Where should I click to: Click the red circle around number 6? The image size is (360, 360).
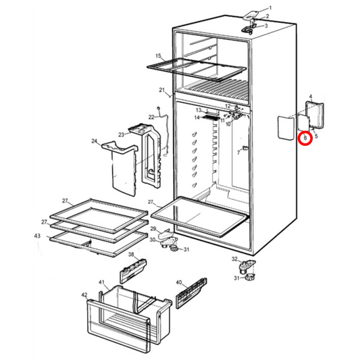coord(305,138)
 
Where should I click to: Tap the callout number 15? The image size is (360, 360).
coord(159,56)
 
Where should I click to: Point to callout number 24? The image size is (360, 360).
coord(95,141)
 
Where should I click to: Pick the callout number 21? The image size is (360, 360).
coord(162,90)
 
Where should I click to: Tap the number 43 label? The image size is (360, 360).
coord(37,236)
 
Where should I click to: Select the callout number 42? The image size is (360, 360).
coord(84,295)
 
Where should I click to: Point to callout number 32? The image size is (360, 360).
coord(234,259)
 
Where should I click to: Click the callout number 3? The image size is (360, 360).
coord(265,26)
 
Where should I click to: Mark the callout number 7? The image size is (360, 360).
coord(238,153)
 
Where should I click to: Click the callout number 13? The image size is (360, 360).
coord(199,110)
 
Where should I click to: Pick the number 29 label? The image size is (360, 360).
coord(153,230)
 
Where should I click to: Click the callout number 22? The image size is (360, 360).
coord(152,118)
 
